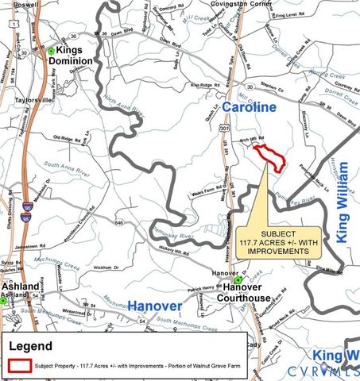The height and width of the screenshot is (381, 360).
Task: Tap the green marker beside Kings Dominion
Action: click(50, 51)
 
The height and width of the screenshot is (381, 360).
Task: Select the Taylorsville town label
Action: click(33, 101)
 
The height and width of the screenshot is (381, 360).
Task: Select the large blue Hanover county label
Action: click(155, 305)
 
